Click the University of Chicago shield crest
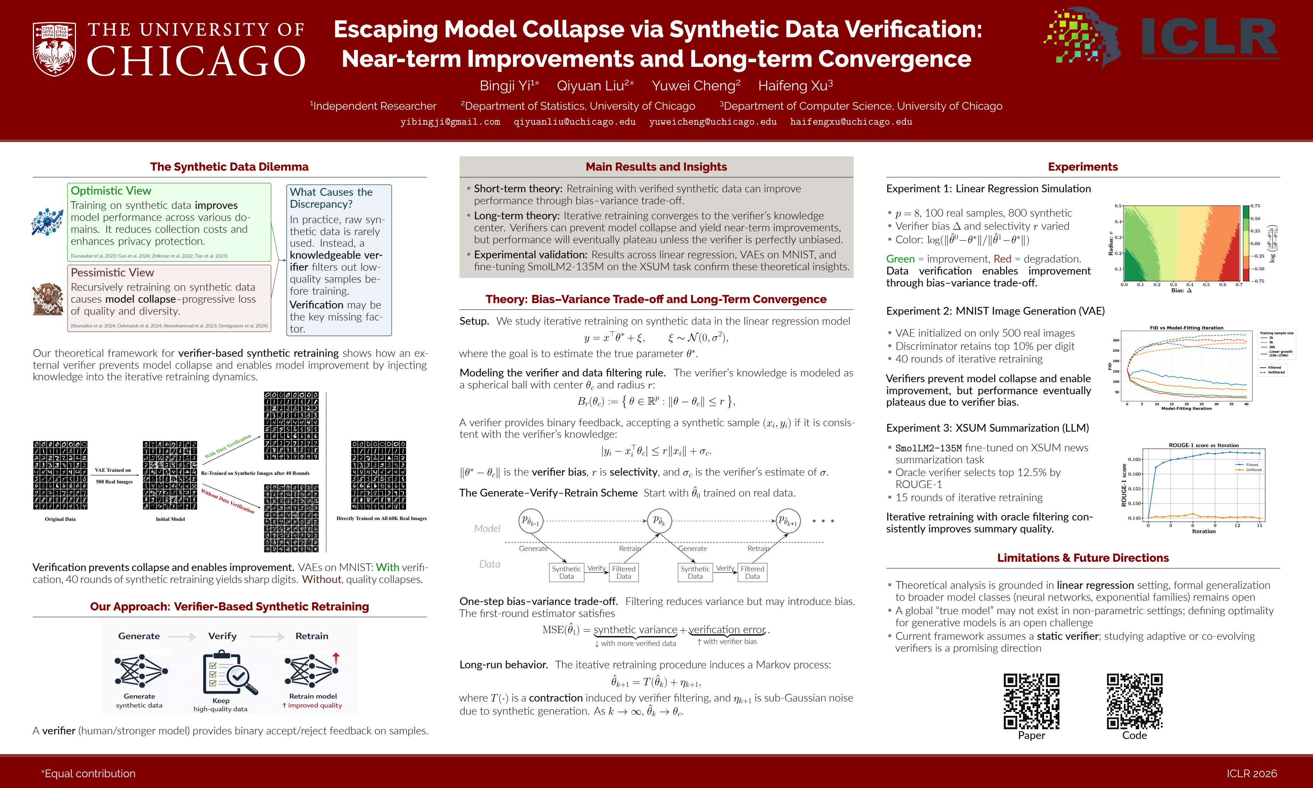pos(54,49)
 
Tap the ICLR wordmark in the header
pos(1210,37)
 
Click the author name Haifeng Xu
pos(795,85)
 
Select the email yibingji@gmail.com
pos(450,122)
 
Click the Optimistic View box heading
pos(111,191)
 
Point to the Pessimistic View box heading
pos(113,273)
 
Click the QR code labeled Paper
pos(1031,701)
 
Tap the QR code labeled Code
pos(1134,701)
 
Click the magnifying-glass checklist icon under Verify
pos(229,673)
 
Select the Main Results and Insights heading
pos(656,167)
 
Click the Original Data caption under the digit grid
pos(60,519)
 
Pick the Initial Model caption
pos(170,519)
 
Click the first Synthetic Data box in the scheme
pos(566,573)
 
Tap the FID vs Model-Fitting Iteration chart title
pos(1186,328)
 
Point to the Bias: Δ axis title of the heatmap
pos(1182,290)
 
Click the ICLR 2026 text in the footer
pos(1251,773)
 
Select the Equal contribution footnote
pos(89,773)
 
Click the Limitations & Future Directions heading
pos(1083,558)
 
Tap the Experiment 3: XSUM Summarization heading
pos(987,428)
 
